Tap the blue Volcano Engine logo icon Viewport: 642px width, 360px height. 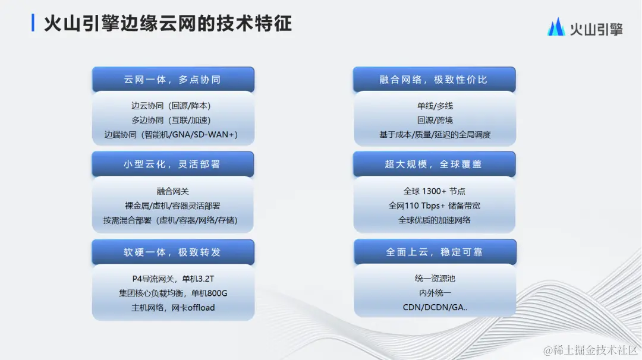pos(556,27)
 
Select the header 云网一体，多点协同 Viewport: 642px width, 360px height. pos(172,79)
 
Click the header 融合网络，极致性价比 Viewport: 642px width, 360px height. pos(433,79)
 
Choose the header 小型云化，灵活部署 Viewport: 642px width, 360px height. pos(172,164)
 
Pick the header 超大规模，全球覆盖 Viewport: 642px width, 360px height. pos(433,164)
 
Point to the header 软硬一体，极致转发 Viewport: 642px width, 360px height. pos(172,252)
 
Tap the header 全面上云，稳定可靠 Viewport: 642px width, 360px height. pos(433,252)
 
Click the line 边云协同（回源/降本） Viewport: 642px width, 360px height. pos(171,106)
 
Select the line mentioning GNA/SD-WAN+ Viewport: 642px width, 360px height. pos(171,134)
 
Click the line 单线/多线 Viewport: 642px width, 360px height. pos(435,106)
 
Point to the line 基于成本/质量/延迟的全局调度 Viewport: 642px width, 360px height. pos(435,134)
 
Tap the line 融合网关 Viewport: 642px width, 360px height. pos(172,191)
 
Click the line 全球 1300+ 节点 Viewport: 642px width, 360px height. pos(435,191)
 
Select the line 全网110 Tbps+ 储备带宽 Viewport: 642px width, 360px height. pos(435,206)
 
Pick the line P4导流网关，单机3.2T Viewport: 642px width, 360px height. pos(172,279)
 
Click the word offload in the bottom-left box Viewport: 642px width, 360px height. pos(201,308)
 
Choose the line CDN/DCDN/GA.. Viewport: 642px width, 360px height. pos(435,307)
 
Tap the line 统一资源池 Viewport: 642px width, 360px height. pos(435,279)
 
